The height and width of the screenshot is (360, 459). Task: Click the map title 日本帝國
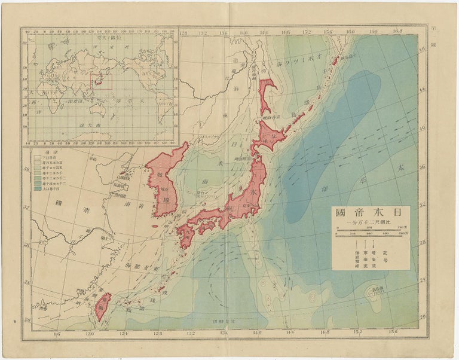point(371,212)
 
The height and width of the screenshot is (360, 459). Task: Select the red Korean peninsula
point(164,179)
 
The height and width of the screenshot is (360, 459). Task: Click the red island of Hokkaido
point(269,135)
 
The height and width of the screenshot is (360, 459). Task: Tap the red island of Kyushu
point(185,234)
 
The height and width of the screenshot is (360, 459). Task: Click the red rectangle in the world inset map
point(101,81)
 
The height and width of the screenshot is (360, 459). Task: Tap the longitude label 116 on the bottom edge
point(57,332)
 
